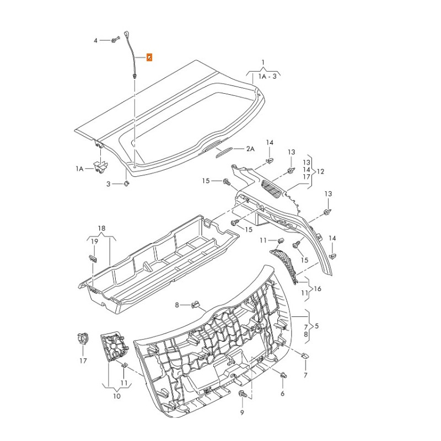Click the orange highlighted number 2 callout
click(149, 57)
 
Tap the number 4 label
click(95, 41)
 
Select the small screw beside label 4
click(114, 40)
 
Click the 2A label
click(250, 149)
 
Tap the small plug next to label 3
click(126, 183)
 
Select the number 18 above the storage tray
click(101, 228)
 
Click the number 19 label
click(94, 241)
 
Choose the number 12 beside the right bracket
click(320, 171)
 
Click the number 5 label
click(316, 326)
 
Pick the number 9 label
click(241, 412)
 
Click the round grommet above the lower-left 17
click(82, 339)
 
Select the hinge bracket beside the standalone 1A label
click(100, 166)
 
